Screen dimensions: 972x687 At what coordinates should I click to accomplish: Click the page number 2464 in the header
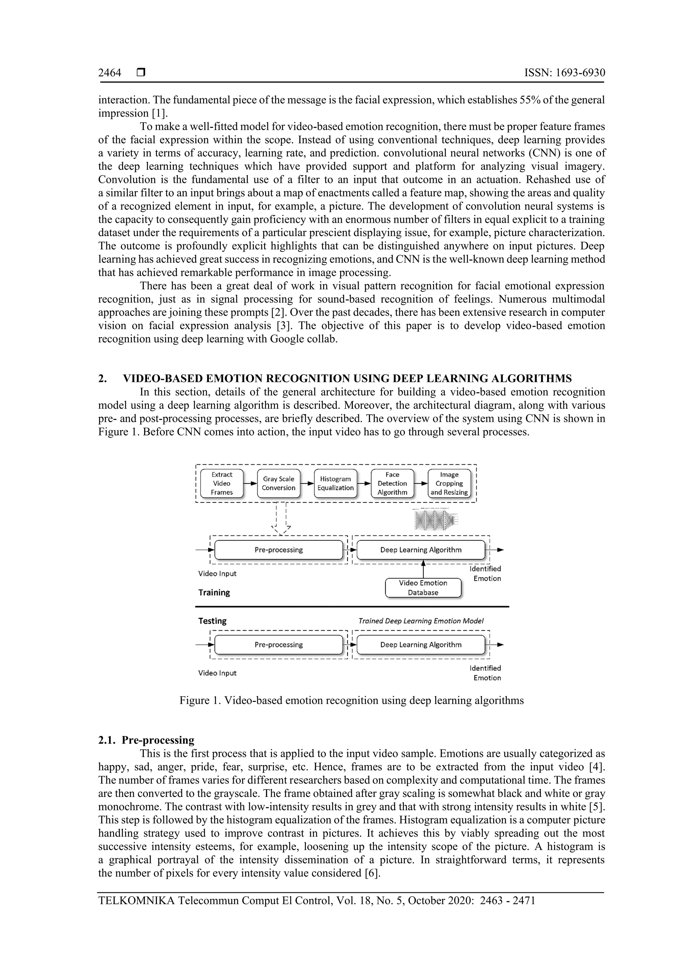(110, 73)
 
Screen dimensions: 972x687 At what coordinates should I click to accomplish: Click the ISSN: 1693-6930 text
(564, 73)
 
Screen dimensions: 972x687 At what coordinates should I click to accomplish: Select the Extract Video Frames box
(222, 483)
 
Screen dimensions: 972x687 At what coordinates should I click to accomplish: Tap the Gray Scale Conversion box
(278, 483)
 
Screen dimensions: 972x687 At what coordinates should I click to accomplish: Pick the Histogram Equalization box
(335, 483)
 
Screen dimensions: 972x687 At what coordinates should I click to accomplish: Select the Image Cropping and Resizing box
(449, 483)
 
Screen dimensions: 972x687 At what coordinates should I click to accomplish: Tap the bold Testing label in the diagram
(212, 621)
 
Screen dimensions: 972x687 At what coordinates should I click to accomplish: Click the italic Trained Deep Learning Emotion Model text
(421, 621)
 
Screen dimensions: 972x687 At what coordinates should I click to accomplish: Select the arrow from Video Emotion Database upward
(423, 569)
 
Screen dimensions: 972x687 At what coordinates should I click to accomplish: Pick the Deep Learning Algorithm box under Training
(421, 550)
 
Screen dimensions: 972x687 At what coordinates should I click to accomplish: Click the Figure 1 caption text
(351, 700)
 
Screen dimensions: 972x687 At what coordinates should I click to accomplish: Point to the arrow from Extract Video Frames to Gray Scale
(251, 483)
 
